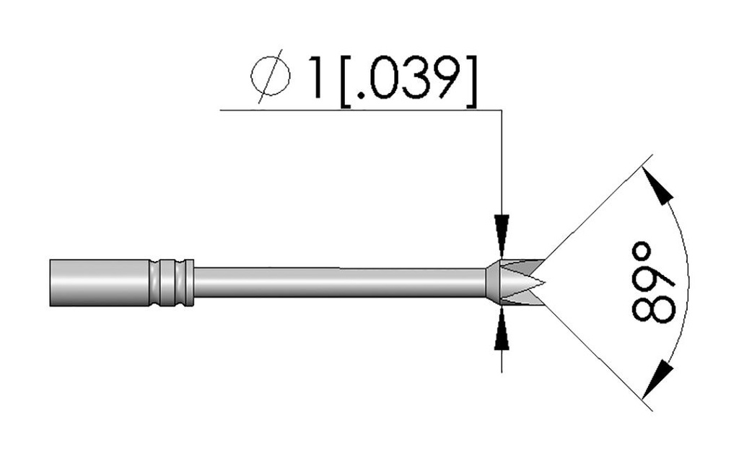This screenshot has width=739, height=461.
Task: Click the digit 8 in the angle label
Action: (x=652, y=305)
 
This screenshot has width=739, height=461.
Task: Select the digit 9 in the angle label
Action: (x=652, y=275)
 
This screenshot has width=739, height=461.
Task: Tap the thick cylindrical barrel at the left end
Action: (x=98, y=281)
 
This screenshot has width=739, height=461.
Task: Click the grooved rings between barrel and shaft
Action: (x=172, y=281)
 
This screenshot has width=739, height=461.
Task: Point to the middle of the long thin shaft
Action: (x=339, y=282)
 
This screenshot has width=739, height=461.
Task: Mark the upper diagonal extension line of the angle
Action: (x=599, y=209)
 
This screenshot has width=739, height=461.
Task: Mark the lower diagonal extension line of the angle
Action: (x=599, y=357)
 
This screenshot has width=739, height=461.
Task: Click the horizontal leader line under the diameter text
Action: (x=361, y=110)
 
